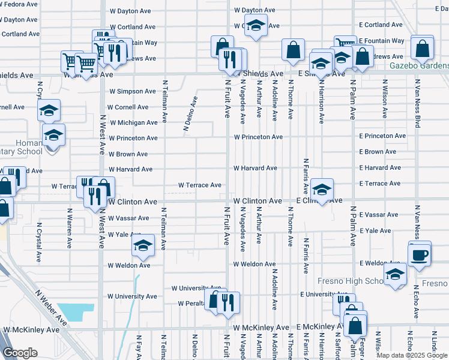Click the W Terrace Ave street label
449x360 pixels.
click(x=200, y=185)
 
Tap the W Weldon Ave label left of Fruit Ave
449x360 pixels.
click(x=129, y=265)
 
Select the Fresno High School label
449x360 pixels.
click(x=351, y=281)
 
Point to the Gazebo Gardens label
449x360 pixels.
click(x=419, y=65)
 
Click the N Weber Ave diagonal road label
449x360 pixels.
click(x=51, y=310)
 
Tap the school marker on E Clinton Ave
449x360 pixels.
click(x=322, y=191)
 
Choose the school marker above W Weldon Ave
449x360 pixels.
click(x=143, y=245)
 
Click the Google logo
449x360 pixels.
click(x=20, y=353)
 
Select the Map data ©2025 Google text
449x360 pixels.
click(x=411, y=355)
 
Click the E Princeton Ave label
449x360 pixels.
click(x=382, y=136)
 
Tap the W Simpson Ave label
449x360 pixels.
click(x=132, y=91)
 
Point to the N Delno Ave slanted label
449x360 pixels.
click(x=190, y=113)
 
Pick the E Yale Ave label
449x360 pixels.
click(x=375, y=230)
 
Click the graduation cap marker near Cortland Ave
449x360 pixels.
click(x=256, y=27)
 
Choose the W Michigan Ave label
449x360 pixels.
click(x=133, y=122)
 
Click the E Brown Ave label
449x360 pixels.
click(x=379, y=152)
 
